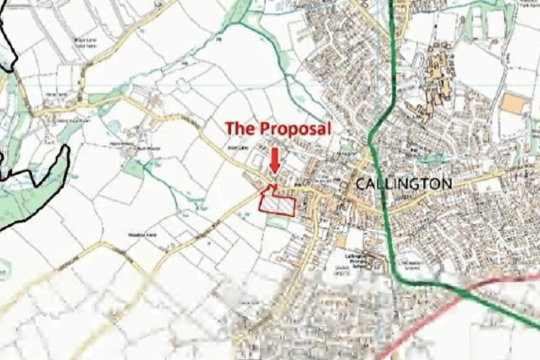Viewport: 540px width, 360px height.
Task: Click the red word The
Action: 240,129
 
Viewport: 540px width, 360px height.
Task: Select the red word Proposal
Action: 294,129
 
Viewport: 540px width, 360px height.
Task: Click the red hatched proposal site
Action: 276,202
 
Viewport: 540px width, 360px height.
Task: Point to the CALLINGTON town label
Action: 404,184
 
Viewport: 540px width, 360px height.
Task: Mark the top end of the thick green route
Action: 392,4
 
